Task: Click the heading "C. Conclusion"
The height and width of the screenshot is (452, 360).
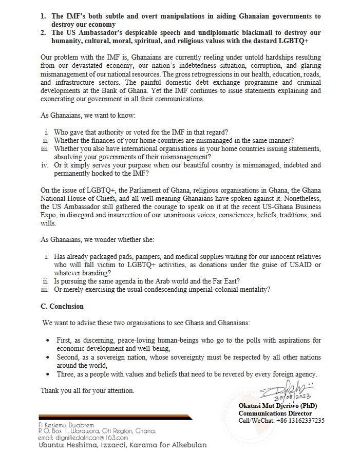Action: pos(62,306)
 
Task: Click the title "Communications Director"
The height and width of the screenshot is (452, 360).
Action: pos(275,413)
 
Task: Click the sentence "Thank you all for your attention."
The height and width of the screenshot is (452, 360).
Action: pos(87,390)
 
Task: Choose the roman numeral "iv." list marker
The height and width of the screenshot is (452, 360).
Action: pos(45,165)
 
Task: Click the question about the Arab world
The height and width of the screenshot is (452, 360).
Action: pos(147,281)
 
